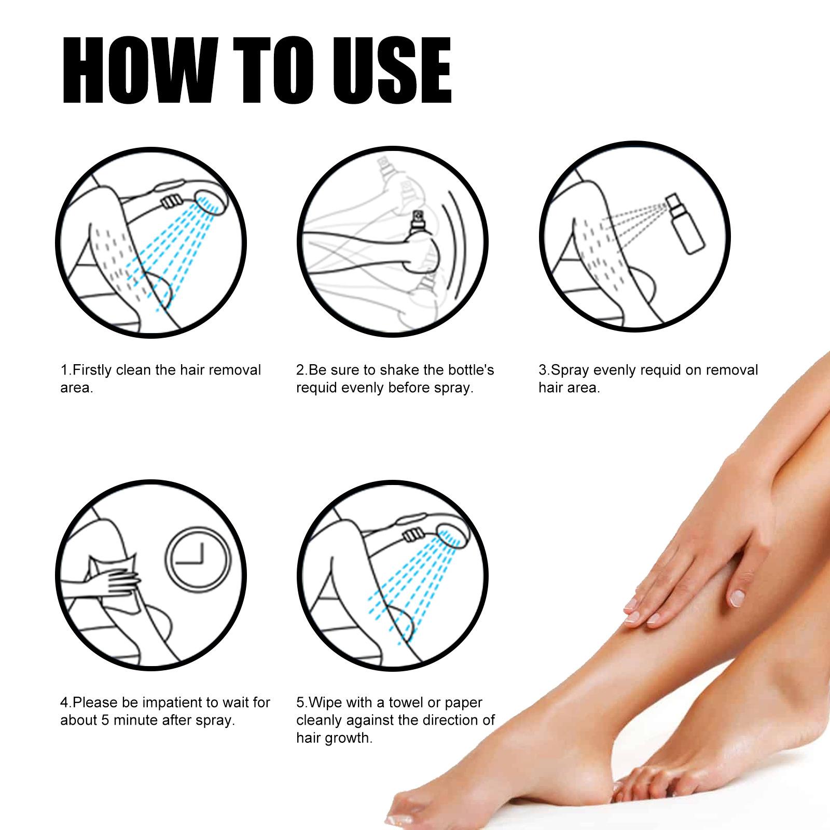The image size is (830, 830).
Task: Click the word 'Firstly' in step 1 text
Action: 92,370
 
